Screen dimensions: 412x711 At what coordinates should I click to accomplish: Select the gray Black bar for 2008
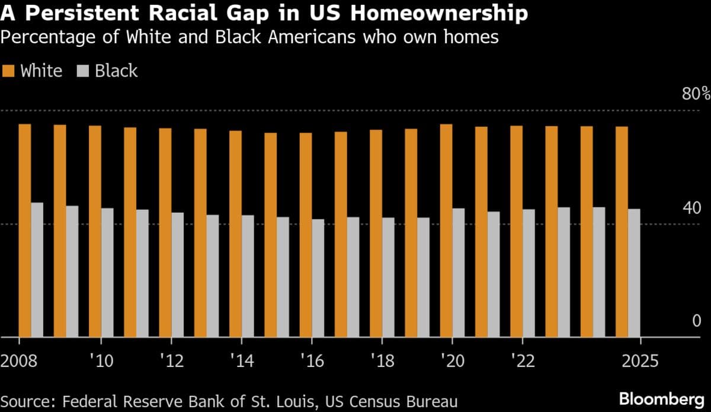point(37,270)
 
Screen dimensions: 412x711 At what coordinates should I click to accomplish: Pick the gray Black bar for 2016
point(318,278)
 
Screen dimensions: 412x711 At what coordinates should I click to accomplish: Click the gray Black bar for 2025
point(634,273)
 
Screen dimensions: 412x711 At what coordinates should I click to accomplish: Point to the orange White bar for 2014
point(236,234)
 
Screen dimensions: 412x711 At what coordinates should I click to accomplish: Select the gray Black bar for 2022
point(529,273)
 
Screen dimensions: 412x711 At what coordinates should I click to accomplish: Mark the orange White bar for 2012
point(165,232)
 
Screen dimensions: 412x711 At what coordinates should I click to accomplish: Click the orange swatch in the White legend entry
point(9,72)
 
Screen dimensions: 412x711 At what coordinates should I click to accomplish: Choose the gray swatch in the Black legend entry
point(84,72)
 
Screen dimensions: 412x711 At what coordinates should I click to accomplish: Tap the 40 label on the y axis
point(692,208)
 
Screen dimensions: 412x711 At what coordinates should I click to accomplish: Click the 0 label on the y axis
point(697,321)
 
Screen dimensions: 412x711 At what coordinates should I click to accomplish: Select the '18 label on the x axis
point(383,360)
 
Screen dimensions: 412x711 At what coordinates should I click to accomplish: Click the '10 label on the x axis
point(101,360)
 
